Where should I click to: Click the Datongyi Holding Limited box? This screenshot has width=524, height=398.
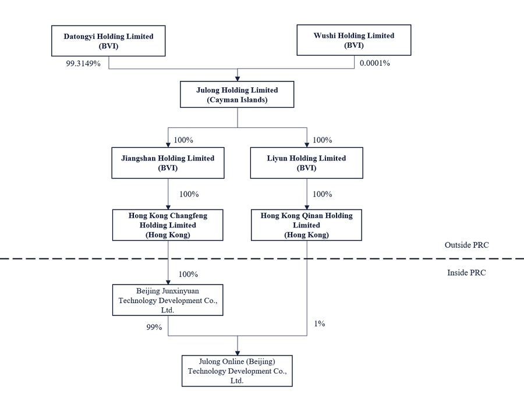pyautogui.click(x=108, y=41)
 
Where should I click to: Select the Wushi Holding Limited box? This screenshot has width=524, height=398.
pyautogui.click(x=354, y=40)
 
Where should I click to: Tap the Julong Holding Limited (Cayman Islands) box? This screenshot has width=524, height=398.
pyautogui.click(x=237, y=94)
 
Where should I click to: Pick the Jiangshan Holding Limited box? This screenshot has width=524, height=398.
pyautogui.click(x=168, y=163)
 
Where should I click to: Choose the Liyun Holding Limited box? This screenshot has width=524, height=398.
pyautogui.click(x=306, y=163)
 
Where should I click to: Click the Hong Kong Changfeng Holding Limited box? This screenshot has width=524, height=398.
pyautogui.click(x=168, y=225)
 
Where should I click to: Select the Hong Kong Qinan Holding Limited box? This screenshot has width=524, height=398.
pyautogui.click(x=306, y=225)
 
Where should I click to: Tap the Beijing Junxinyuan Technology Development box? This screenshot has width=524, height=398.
pyautogui.click(x=168, y=300)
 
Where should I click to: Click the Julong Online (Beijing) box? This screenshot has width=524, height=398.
pyautogui.click(x=237, y=371)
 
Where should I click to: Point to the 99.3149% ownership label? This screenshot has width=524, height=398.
pyautogui.click(x=83, y=63)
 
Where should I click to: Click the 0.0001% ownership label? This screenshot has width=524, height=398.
pyautogui.click(x=374, y=63)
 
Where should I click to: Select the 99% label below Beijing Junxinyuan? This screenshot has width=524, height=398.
pyautogui.click(x=154, y=327)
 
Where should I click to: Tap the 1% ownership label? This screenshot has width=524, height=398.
pyautogui.click(x=320, y=323)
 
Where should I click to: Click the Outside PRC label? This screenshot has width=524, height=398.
pyautogui.click(x=466, y=245)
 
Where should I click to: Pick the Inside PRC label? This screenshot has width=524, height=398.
pyautogui.click(x=466, y=272)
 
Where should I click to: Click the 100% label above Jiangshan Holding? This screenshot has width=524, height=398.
pyautogui.click(x=183, y=140)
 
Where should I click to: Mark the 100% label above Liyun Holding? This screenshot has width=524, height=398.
pyautogui.click(x=322, y=140)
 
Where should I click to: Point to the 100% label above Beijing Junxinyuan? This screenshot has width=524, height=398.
pyautogui.click(x=188, y=274)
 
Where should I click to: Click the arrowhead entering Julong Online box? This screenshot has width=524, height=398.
pyautogui.click(x=238, y=353)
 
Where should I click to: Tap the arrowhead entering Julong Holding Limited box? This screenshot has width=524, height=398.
pyautogui.click(x=238, y=79)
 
